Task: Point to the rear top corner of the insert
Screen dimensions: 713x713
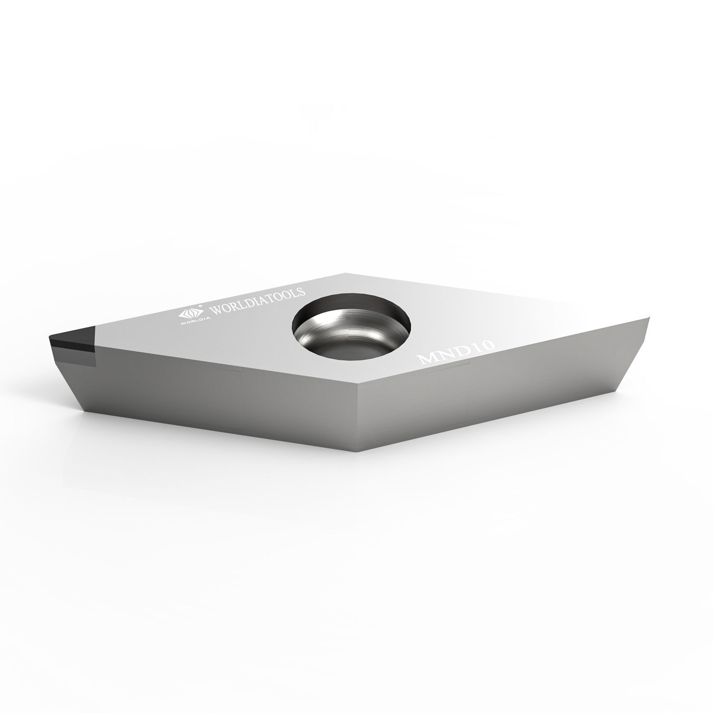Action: point(346,273)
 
